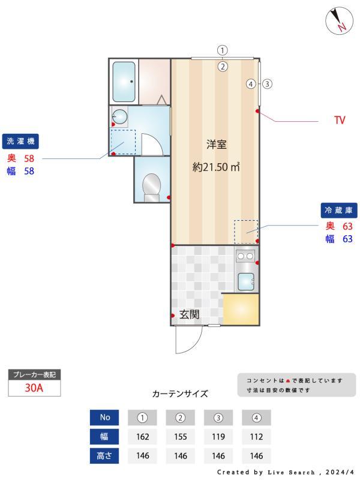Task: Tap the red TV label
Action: [340, 121]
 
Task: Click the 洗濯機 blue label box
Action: [21, 142]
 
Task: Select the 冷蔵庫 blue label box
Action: [340, 210]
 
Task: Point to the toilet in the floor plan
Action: [151, 187]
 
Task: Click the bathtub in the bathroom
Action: [124, 81]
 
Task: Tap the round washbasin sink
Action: [120, 116]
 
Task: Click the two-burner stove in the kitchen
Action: [245, 256]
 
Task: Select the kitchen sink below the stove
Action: [246, 280]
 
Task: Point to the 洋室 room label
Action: [215, 144]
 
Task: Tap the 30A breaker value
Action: [34, 388]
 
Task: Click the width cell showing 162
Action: [143, 436]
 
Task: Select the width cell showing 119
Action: [218, 436]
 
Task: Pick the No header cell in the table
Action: [105, 417]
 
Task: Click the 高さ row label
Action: [105, 455]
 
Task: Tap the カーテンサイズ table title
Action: [180, 394]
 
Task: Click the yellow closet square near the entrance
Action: [240, 309]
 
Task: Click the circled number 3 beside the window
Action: [268, 84]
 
